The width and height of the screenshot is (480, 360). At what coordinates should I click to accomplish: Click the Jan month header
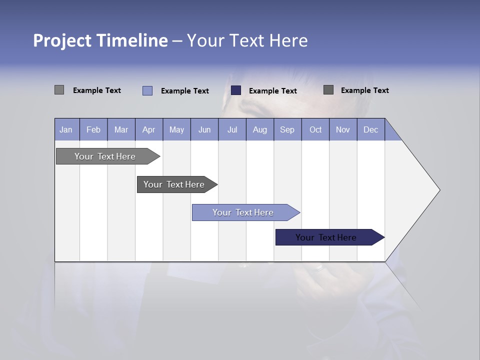point(66,129)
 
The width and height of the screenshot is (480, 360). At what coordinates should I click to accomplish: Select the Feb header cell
point(93,129)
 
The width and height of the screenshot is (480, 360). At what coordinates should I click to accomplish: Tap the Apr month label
point(149,129)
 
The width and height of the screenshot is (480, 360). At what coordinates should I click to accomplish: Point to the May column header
point(176,129)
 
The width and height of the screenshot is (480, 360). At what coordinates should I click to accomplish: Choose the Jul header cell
point(232,129)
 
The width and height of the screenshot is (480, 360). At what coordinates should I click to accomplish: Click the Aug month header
point(260,129)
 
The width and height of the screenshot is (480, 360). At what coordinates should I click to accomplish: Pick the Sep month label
point(287,129)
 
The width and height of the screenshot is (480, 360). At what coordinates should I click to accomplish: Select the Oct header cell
point(315,129)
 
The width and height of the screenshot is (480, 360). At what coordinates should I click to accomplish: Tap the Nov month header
point(343,129)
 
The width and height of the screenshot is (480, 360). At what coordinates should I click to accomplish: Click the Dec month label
point(371,129)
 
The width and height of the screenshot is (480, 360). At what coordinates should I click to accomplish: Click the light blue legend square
point(147,90)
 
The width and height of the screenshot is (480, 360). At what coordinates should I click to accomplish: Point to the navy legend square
point(236,90)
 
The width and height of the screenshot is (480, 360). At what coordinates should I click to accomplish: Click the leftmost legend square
point(59,90)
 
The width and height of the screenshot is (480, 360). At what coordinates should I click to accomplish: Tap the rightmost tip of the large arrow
point(439,190)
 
